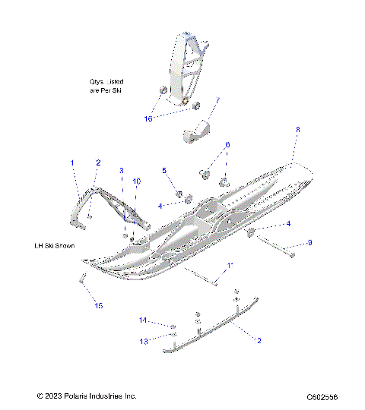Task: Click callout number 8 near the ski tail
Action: coord(297,131)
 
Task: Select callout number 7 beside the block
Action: coord(217,99)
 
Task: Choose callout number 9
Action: coord(310,243)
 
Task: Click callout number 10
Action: coord(137,181)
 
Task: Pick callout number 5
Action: coord(163,171)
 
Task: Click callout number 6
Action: coord(227,144)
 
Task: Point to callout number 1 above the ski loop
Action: coord(73,162)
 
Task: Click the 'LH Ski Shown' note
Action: coord(59,246)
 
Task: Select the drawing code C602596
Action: coord(322,396)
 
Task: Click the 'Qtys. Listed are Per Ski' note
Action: coord(106,85)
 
